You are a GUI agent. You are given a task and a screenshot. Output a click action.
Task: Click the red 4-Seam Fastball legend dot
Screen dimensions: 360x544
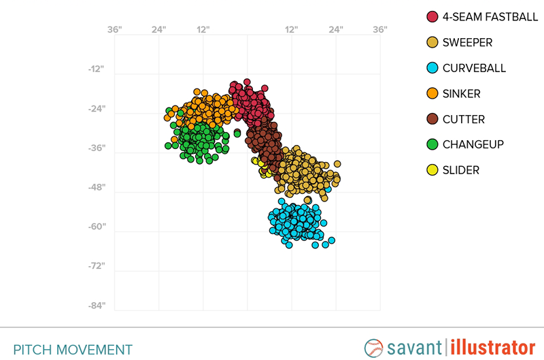tap(432, 17)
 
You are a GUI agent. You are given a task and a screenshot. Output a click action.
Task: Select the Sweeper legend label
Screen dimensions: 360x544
tap(467, 43)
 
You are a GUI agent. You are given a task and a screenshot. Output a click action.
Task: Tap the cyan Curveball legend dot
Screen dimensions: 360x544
tap(432, 68)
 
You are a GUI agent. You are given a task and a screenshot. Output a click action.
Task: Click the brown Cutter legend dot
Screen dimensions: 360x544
tap(432, 119)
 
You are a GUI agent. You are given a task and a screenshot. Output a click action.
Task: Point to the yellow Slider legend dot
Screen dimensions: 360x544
tap(432, 170)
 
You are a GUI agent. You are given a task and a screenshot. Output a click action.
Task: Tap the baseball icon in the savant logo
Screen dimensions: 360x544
tap(374, 347)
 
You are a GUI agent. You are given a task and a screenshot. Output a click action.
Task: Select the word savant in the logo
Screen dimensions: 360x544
tap(415, 347)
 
